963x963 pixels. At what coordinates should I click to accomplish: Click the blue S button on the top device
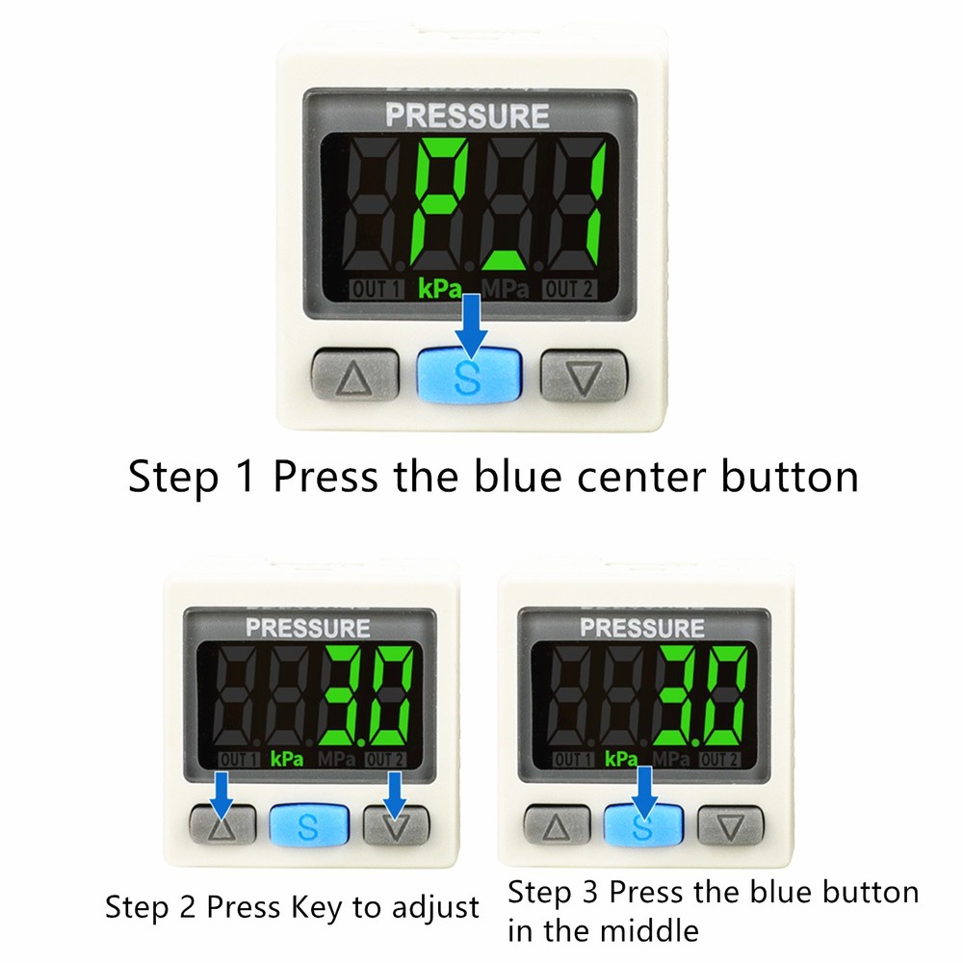click(469, 375)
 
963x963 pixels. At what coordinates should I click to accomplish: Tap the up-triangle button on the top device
click(354, 375)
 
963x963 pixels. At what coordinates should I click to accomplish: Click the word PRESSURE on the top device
click(467, 117)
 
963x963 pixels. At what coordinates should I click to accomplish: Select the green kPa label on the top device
click(439, 288)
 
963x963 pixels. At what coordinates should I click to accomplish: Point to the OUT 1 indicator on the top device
click(376, 288)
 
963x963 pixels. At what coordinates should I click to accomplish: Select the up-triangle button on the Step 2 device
click(223, 824)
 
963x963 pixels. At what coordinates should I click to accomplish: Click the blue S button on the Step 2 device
click(308, 824)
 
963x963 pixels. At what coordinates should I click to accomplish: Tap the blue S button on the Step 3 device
click(643, 825)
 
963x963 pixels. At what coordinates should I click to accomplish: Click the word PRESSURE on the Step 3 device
click(642, 629)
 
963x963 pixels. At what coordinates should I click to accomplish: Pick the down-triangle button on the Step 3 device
click(730, 825)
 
